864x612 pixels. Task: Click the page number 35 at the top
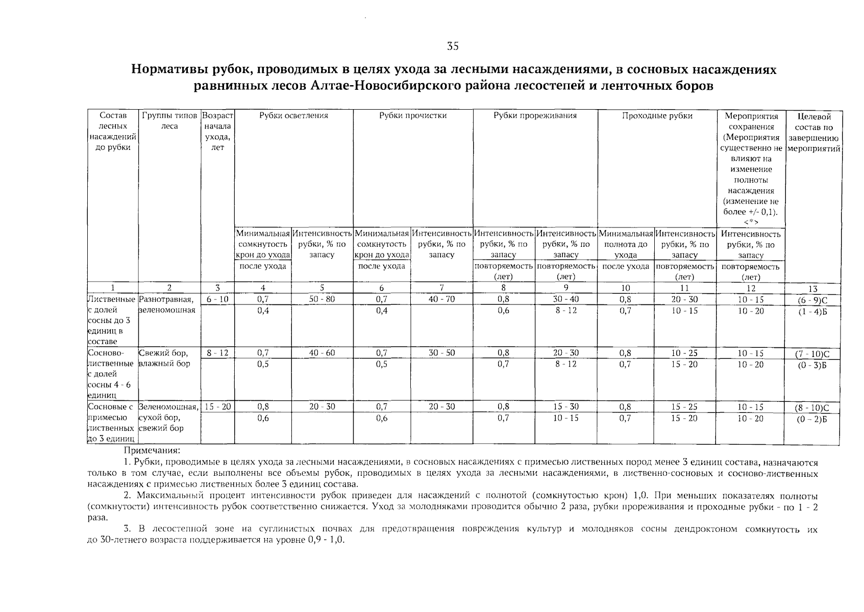453,46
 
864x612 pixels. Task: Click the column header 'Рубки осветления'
293,116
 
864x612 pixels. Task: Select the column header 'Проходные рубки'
657,116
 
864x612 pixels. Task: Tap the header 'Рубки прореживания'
535,116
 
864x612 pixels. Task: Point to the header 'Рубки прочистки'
413,116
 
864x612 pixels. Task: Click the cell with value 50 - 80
322,299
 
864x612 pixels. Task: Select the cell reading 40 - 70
441,299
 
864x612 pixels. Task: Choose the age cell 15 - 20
217,407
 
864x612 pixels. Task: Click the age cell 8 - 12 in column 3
217,353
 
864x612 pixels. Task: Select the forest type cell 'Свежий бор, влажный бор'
164,358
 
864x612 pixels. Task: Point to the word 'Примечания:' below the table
152,451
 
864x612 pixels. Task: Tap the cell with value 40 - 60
322,353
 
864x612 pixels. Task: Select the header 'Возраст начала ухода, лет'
217,132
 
